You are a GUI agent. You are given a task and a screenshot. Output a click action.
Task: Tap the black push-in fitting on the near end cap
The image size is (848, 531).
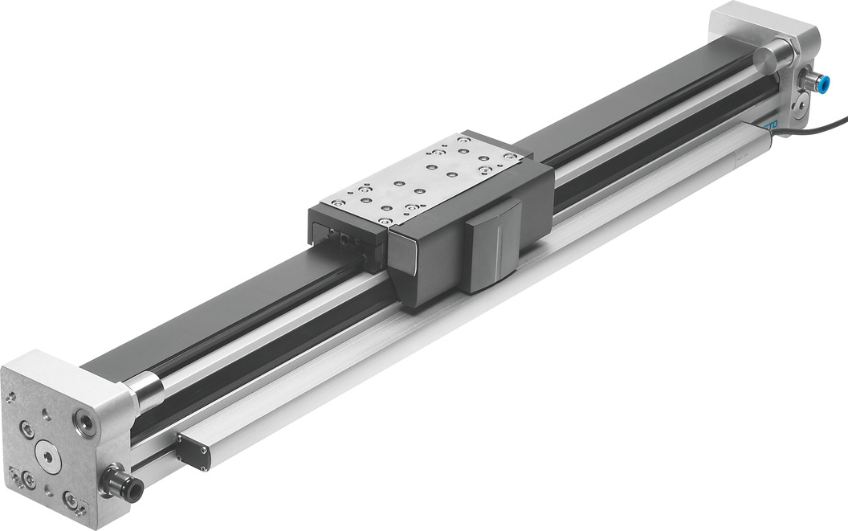coord(128,485)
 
